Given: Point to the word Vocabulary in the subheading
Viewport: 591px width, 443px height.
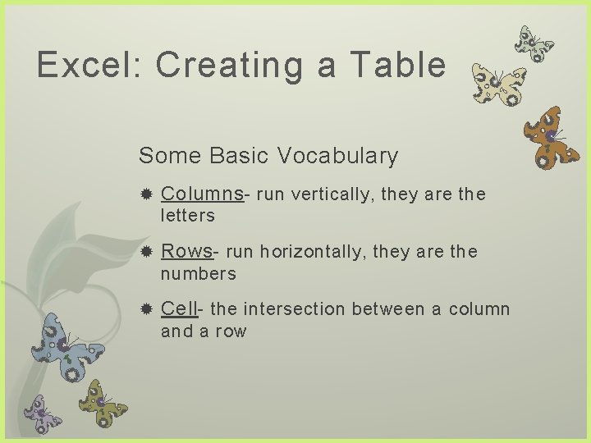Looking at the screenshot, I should click(337, 155).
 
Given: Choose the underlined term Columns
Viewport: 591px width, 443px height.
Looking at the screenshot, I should click(202, 194).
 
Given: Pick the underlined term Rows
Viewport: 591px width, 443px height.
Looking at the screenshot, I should click(188, 252).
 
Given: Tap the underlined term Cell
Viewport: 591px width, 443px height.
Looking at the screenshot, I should click(179, 309).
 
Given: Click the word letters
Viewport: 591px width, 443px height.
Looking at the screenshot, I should click(188, 216).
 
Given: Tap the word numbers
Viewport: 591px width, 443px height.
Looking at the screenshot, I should click(198, 273).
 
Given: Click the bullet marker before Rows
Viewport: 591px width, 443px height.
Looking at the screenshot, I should click(146, 252).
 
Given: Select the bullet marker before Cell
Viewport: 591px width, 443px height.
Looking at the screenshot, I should click(146, 309).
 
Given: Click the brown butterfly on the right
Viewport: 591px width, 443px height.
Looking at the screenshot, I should click(552, 136).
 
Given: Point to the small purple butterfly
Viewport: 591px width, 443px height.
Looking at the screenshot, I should click(42, 411).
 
